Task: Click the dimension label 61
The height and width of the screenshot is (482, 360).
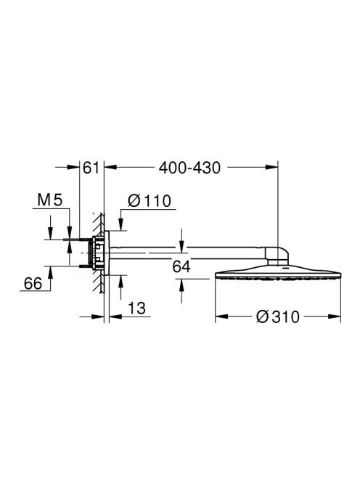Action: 91,168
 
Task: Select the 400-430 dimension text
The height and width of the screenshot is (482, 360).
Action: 189,168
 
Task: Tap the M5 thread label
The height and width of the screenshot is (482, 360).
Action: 50,200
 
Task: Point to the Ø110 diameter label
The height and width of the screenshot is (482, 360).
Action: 150,201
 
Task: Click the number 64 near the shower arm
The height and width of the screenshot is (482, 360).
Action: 181,266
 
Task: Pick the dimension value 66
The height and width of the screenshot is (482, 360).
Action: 33,283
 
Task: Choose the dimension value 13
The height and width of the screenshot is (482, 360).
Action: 136,309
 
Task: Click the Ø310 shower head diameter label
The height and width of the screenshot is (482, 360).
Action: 278,317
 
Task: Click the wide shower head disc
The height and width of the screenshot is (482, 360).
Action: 278,273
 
